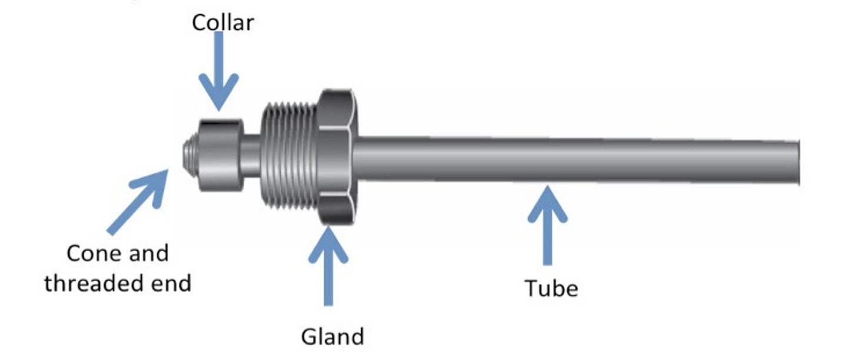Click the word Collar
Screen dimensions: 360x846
(223, 22)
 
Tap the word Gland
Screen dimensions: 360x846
(332, 336)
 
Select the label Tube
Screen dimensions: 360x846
(551, 288)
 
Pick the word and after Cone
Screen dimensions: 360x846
(145, 254)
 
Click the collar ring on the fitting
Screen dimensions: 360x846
(219, 155)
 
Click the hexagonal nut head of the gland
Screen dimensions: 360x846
(336, 156)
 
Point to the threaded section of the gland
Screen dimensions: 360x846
(289, 155)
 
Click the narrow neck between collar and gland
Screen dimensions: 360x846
(251, 156)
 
